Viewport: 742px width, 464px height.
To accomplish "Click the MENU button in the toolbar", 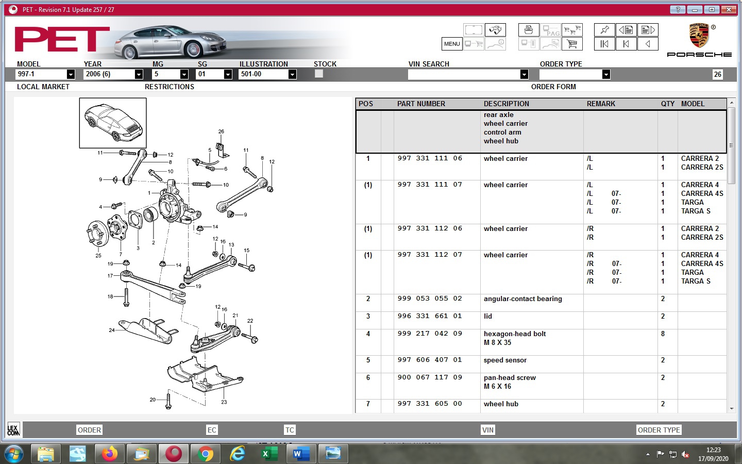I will click(451, 44).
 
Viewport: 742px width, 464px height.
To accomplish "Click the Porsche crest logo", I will click(699, 36).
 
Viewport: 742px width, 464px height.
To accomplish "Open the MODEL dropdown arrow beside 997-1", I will click(71, 74).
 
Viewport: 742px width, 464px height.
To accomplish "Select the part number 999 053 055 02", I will click(430, 299).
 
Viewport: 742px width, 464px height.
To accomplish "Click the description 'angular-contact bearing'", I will click(522, 299).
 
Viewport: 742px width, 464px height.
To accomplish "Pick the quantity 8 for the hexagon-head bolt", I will click(663, 334).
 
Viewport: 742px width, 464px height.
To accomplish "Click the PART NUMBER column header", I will click(421, 104).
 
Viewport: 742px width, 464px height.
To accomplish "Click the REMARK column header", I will click(601, 104).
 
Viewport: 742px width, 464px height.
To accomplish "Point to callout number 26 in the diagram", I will click(221, 131).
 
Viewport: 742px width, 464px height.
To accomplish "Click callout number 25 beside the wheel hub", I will click(98, 255).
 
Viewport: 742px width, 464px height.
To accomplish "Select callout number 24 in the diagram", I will click(112, 330).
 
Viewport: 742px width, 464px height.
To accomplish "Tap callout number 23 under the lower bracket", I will click(224, 402).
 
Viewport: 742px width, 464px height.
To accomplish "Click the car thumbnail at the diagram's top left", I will click(113, 123).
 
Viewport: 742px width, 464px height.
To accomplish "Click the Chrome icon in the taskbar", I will click(205, 454).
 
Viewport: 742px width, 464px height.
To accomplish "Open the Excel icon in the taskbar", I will click(269, 454).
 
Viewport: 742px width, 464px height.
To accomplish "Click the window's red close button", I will click(728, 9).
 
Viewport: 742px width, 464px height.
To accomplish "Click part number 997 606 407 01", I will click(430, 360).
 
